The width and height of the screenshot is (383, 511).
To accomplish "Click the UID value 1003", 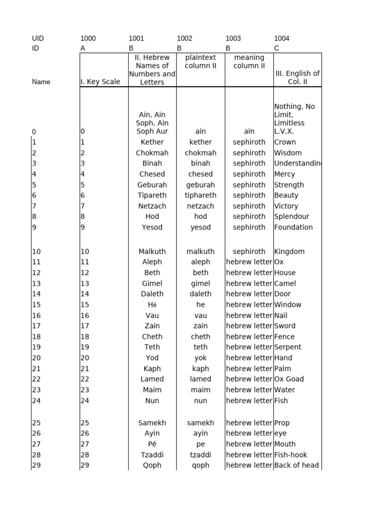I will tap(233, 38).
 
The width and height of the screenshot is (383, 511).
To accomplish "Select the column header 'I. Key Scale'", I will tap(100, 82).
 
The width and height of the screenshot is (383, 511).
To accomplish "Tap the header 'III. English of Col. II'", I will tap(297, 77).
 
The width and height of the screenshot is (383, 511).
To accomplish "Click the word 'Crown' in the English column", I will tap(285, 142).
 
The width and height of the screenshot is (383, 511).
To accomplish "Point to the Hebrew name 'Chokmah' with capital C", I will tap(152, 153).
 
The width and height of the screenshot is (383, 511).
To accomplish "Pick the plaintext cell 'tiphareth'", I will tap(200, 195).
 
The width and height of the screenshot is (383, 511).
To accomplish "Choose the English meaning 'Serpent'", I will tap(288, 347).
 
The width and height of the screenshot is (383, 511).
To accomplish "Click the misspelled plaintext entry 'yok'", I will tap(200, 358).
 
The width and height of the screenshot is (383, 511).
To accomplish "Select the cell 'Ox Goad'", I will tap(289, 379).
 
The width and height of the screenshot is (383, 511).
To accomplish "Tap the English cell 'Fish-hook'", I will tap(291, 455).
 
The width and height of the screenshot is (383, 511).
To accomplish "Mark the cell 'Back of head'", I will tap(296, 465).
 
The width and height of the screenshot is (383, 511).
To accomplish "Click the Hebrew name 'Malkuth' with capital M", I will tap(152, 252).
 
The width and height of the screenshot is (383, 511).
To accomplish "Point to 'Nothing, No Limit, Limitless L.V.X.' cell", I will tap(295, 119).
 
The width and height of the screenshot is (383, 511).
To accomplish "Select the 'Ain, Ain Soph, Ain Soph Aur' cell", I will tap(152, 123).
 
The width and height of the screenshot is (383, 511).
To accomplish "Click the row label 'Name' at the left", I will tap(41, 82).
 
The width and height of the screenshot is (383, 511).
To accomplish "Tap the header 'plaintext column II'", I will tap(200, 62).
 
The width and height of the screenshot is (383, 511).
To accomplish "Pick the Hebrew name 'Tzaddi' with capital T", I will tap(152, 455).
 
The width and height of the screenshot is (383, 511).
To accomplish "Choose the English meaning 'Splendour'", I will tap(291, 217).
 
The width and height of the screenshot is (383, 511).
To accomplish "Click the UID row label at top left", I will tap(38, 38).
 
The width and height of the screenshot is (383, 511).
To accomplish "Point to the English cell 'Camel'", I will tap(285, 283).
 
